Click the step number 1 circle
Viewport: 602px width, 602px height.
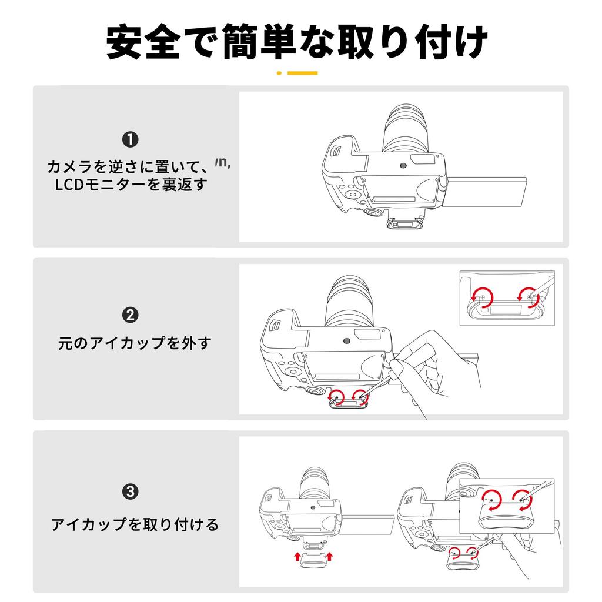[130, 140]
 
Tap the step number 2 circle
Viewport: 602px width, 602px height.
[130, 315]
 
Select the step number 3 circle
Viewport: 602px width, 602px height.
[130, 491]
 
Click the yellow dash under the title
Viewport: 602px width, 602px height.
[303, 72]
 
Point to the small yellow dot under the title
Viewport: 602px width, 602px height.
[279, 72]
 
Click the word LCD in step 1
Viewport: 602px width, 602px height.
[69, 185]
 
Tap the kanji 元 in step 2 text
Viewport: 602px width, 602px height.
[65, 343]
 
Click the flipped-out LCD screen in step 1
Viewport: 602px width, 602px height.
[485, 192]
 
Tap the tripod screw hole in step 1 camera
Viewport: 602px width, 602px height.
[403, 165]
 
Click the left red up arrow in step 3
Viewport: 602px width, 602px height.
[297, 557]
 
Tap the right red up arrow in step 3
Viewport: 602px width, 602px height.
[329, 557]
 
